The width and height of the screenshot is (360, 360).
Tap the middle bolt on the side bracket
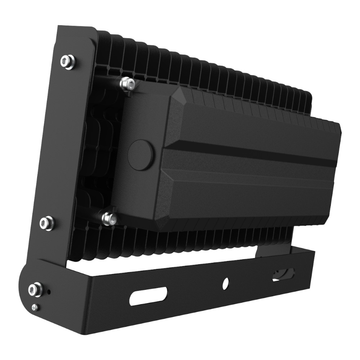click(x=46, y=223)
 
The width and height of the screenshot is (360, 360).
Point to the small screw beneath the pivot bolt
click(x=35, y=307)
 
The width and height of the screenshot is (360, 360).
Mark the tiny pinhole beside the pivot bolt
click(x=49, y=291)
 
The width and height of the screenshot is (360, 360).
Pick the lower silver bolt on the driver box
click(x=109, y=218)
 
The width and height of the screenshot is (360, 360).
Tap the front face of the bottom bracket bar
click(x=194, y=299)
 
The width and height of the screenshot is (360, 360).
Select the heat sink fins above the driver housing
click(x=216, y=72)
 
